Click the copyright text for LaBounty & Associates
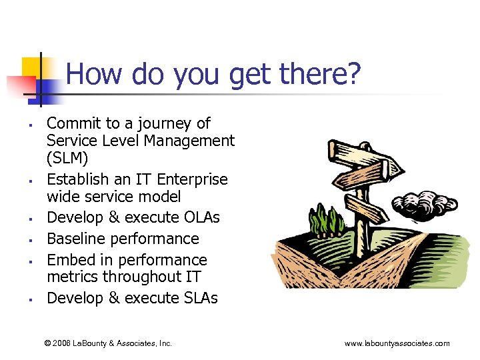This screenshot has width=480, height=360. tap(108, 343)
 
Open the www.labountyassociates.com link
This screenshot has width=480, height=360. tap(397, 343)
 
